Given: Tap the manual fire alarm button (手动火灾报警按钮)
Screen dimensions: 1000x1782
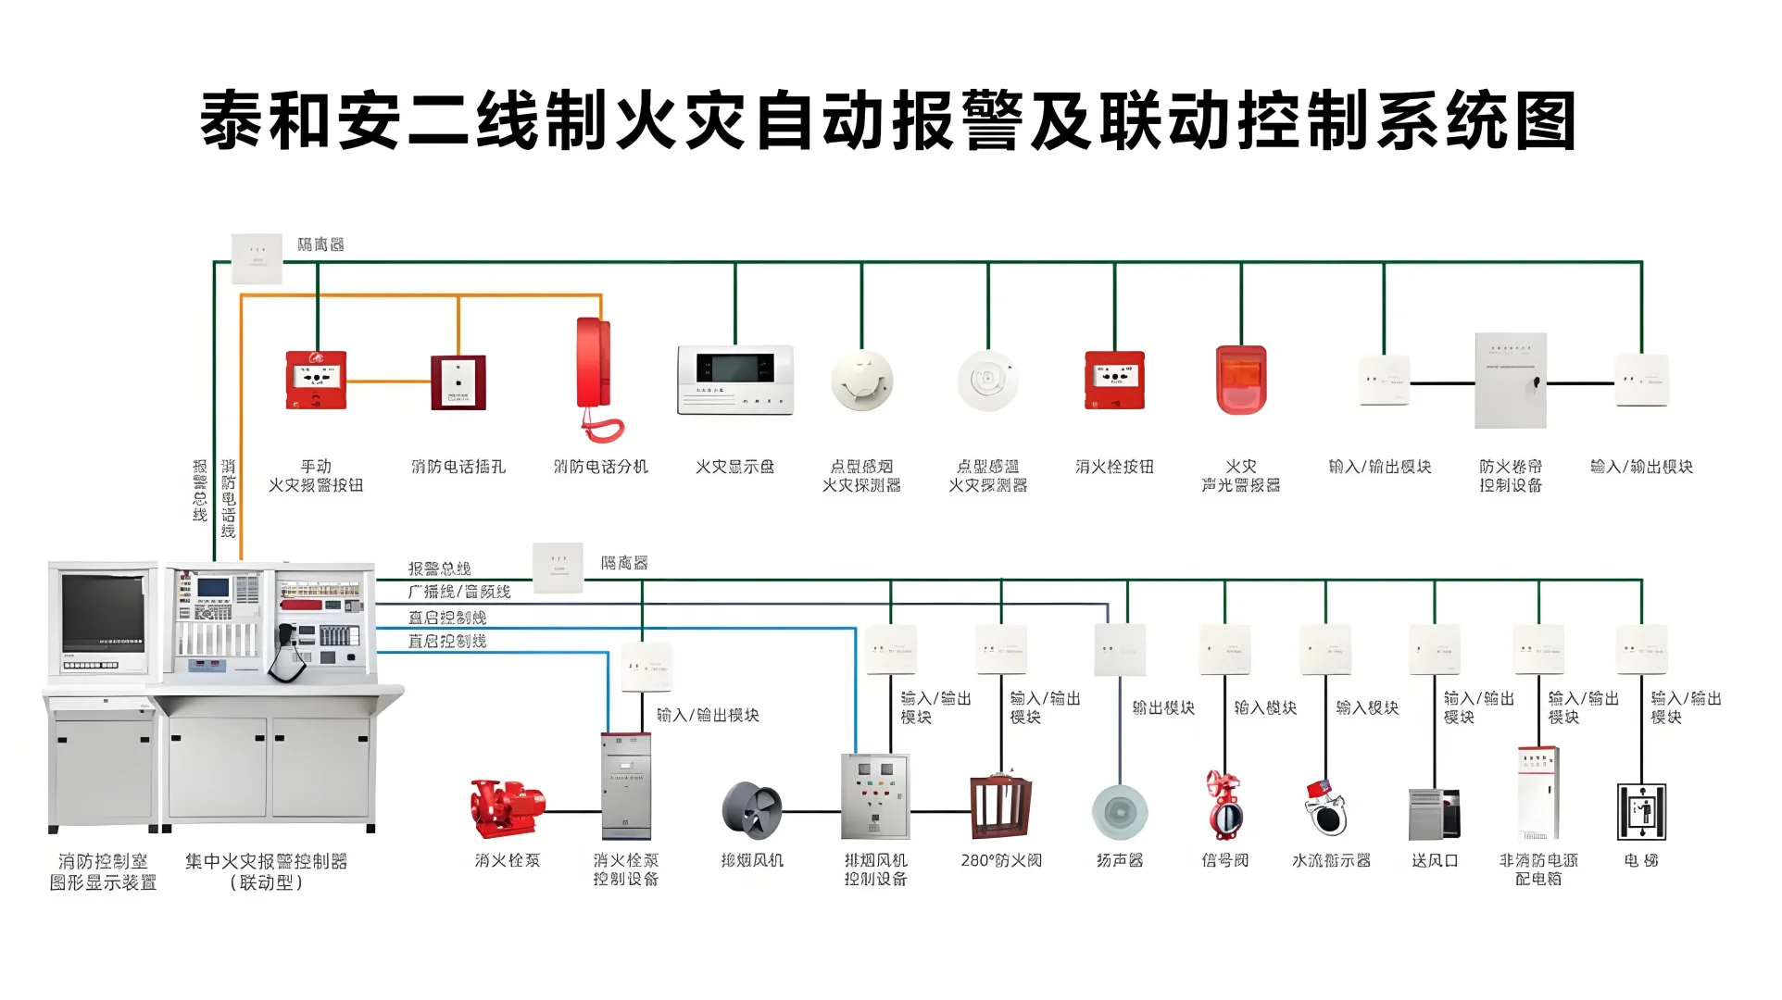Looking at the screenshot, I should point(316,380).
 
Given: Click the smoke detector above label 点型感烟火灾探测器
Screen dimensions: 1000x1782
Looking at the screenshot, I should point(861,381).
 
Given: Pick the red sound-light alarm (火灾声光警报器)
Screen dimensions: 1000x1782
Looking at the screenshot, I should point(1241,380).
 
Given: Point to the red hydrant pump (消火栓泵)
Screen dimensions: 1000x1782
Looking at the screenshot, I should point(507,807).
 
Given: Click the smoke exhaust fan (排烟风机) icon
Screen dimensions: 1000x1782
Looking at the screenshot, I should point(751,810).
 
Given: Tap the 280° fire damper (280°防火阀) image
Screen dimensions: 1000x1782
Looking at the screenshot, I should point(1000,807).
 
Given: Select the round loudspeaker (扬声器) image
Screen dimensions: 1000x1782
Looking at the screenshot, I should point(1120,812).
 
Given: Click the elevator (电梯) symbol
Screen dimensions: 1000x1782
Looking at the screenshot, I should point(1641,811).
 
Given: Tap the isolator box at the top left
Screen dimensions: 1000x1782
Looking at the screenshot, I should point(257,258).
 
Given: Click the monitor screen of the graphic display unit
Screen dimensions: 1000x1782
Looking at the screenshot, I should point(104,612).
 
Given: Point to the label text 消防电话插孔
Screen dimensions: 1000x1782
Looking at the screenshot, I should point(458,467).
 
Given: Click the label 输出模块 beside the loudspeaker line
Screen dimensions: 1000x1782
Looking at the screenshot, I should point(1163,707).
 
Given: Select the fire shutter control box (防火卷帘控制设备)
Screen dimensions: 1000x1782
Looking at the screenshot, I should point(1511,381).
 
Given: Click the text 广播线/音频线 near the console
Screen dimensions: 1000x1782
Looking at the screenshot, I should point(459,592).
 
